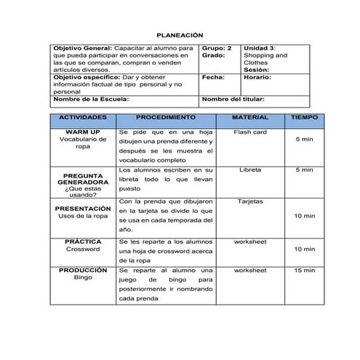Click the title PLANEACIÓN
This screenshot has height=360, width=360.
pyautogui.click(x=180, y=35)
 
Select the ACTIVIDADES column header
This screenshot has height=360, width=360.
pyautogui.click(x=82, y=116)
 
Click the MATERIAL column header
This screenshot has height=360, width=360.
pyautogui.click(x=250, y=116)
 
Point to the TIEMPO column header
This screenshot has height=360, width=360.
pyautogui.click(x=304, y=116)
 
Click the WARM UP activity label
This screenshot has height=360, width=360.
pyautogui.click(x=83, y=132)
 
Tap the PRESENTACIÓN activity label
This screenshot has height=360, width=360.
pyautogui.click(x=82, y=209)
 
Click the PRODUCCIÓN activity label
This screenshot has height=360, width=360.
pyautogui.click(x=83, y=270)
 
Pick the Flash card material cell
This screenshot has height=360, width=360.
pyautogui.click(x=251, y=132)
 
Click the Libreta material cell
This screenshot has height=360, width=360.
pyautogui.click(x=251, y=169)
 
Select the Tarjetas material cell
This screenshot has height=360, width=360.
pyautogui.click(x=251, y=201)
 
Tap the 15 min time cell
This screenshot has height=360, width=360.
pyautogui.click(x=305, y=271)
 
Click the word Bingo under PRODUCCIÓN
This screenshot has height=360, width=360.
pyautogui.click(x=83, y=278)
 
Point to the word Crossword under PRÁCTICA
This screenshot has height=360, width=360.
pyautogui.click(x=83, y=249)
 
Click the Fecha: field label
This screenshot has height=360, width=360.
pyautogui.click(x=213, y=76)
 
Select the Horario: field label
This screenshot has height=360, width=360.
pyautogui.click(x=257, y=76)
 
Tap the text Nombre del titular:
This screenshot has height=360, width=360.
pyautogui.click(x=233, y=99)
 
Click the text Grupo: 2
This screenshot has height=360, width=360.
pyautogui.click(x=217, y=47)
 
